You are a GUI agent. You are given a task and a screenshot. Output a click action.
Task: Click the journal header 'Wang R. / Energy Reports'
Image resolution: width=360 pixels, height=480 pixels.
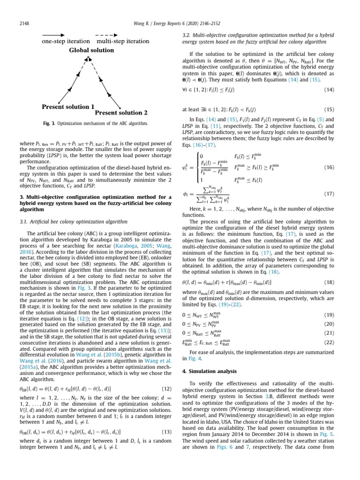(180, 23)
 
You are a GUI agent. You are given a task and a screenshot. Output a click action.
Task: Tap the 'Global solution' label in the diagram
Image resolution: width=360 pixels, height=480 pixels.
(89, 50)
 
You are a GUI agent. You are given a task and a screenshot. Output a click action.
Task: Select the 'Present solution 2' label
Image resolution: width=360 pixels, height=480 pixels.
(121, 113)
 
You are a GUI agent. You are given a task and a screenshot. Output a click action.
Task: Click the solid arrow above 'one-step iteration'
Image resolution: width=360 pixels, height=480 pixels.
(54, 35)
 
